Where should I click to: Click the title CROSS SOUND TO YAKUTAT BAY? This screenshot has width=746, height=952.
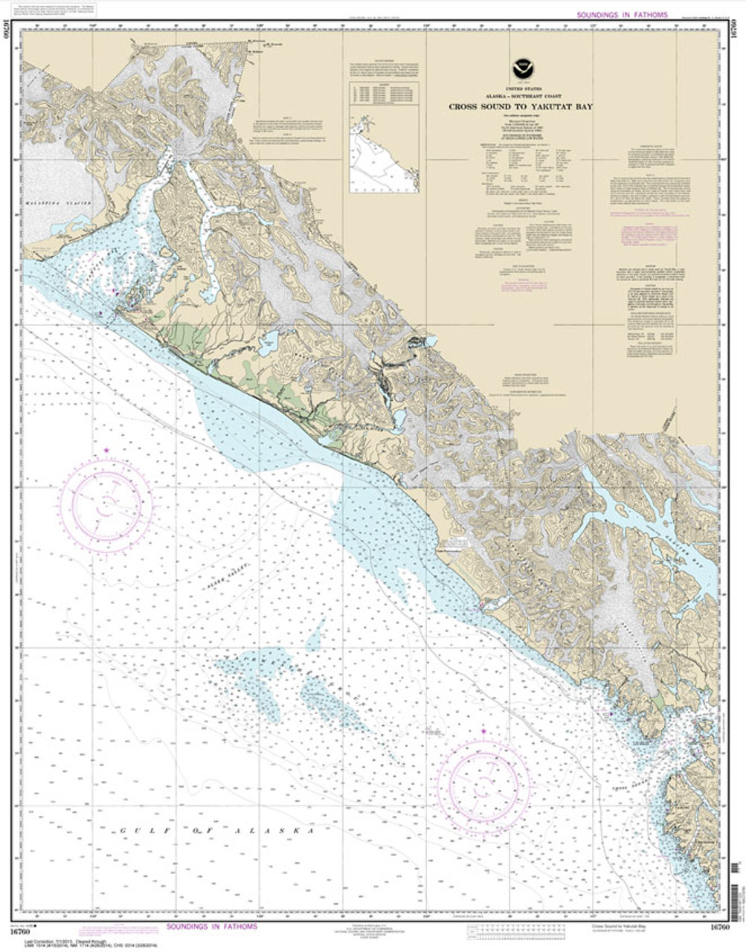click(x=519, y=106)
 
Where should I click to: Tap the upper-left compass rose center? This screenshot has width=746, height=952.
click(x=107, y=505)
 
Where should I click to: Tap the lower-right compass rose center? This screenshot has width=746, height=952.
click(x=484, y=781)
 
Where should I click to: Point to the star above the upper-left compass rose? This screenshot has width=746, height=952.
click(x=107, y=451)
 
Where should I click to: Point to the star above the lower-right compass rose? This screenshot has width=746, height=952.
click(x=484, y=733)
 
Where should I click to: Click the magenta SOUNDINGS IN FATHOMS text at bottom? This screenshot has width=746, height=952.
click(x=212, y=927)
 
